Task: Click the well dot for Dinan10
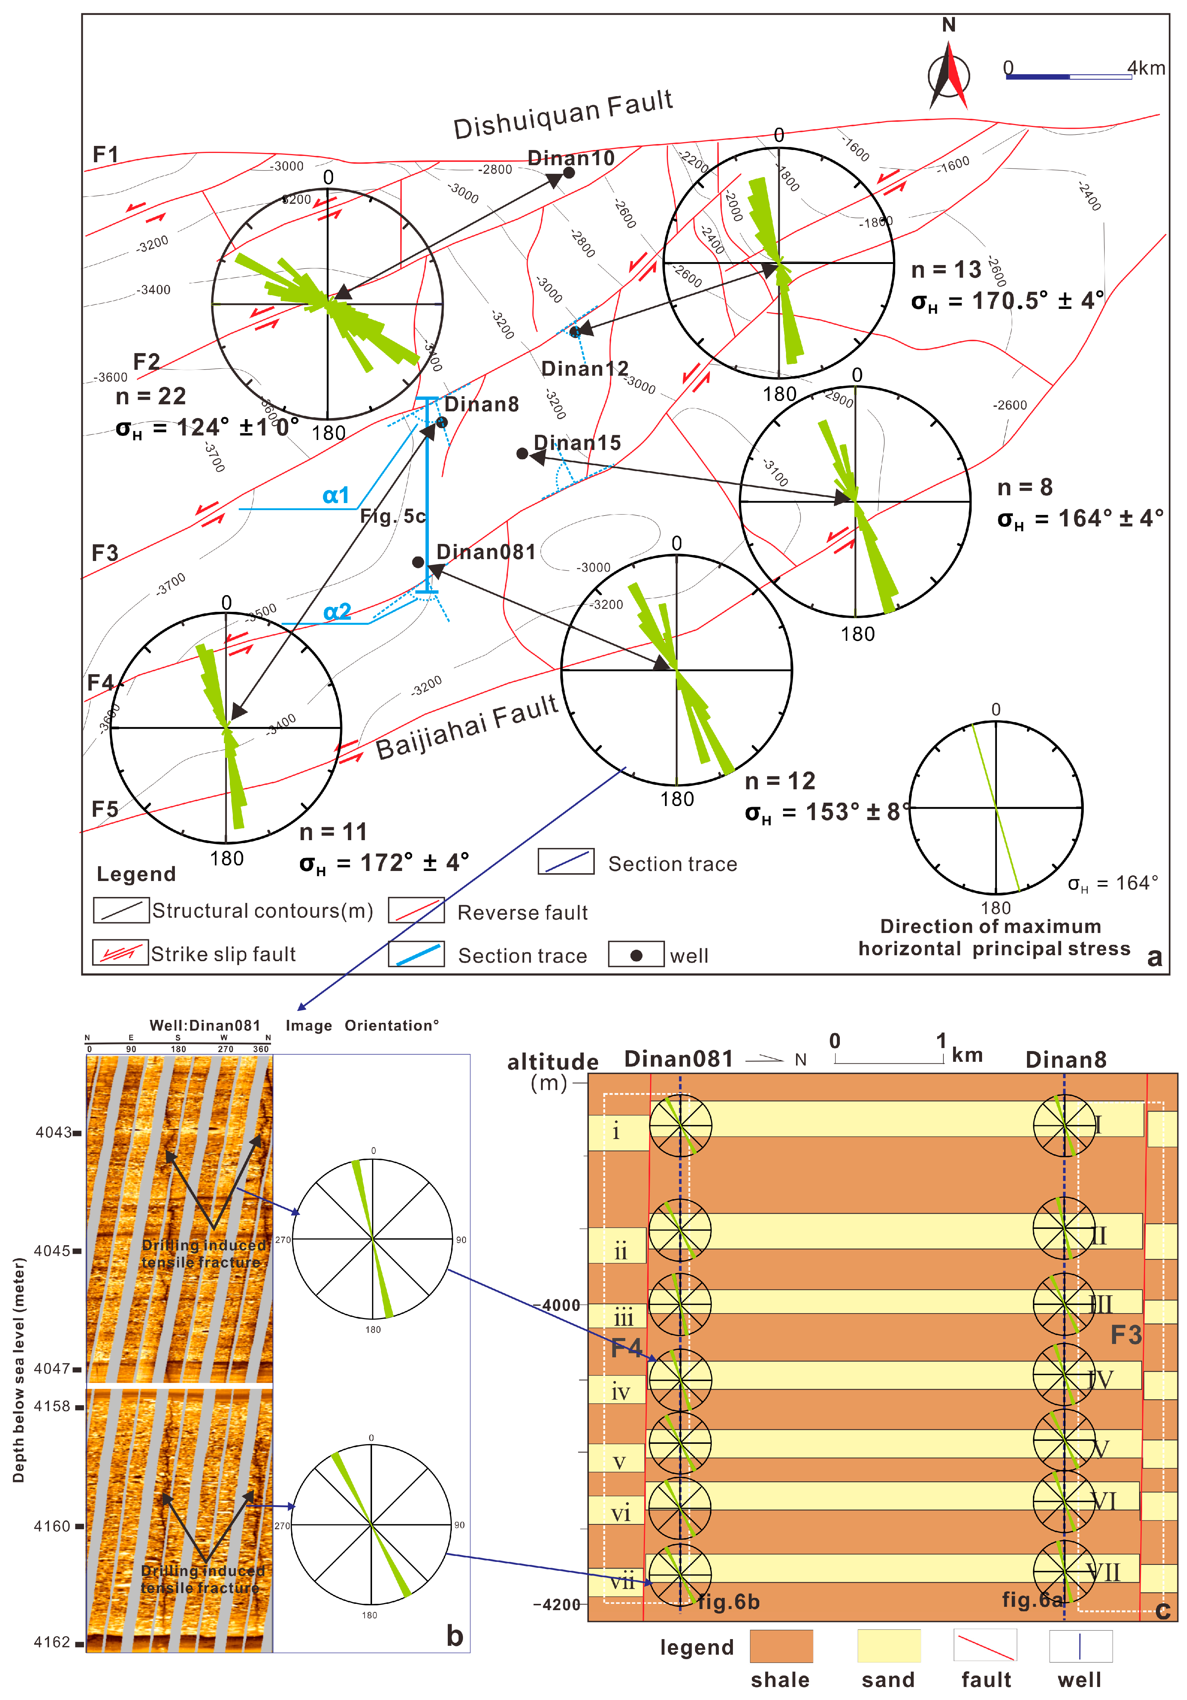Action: (x=569, y=173)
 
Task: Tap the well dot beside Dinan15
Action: (x=522, y=453)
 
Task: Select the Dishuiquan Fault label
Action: (x=563, y=115)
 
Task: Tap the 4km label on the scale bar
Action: (x=1145, y=68)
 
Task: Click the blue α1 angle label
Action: (x=335, y=495)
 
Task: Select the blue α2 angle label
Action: (x=337, y=611)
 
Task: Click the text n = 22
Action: (x=150, y=396)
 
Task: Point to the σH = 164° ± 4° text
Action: (x=1080, y=518)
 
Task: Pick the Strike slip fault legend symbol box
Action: (x=121, y=953)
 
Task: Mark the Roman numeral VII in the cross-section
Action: (x=1103, y=1572)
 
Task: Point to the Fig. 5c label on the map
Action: (x=392, y=516)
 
